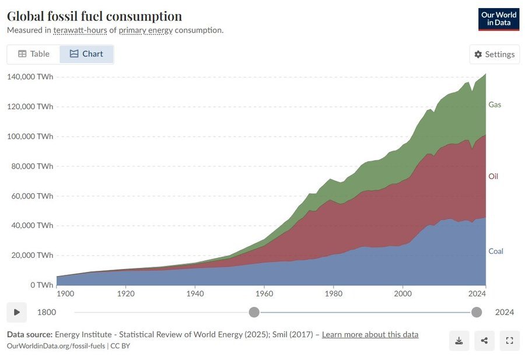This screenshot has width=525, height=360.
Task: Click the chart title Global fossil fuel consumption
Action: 94,16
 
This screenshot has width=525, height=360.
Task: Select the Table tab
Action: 33,54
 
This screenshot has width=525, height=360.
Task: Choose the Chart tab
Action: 86,54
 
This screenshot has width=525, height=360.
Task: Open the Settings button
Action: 494,54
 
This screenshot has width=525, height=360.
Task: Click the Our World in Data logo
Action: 498,19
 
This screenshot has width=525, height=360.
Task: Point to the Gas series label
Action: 495,105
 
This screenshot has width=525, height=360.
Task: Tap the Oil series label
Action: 493,176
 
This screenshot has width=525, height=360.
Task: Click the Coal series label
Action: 495,251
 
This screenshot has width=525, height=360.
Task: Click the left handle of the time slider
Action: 254,312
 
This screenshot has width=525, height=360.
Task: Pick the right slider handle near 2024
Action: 477,312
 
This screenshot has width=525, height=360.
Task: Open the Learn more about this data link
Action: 370,335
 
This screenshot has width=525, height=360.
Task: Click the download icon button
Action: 459,341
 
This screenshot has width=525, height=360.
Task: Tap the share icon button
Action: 484,341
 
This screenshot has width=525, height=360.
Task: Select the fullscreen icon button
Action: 509,341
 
